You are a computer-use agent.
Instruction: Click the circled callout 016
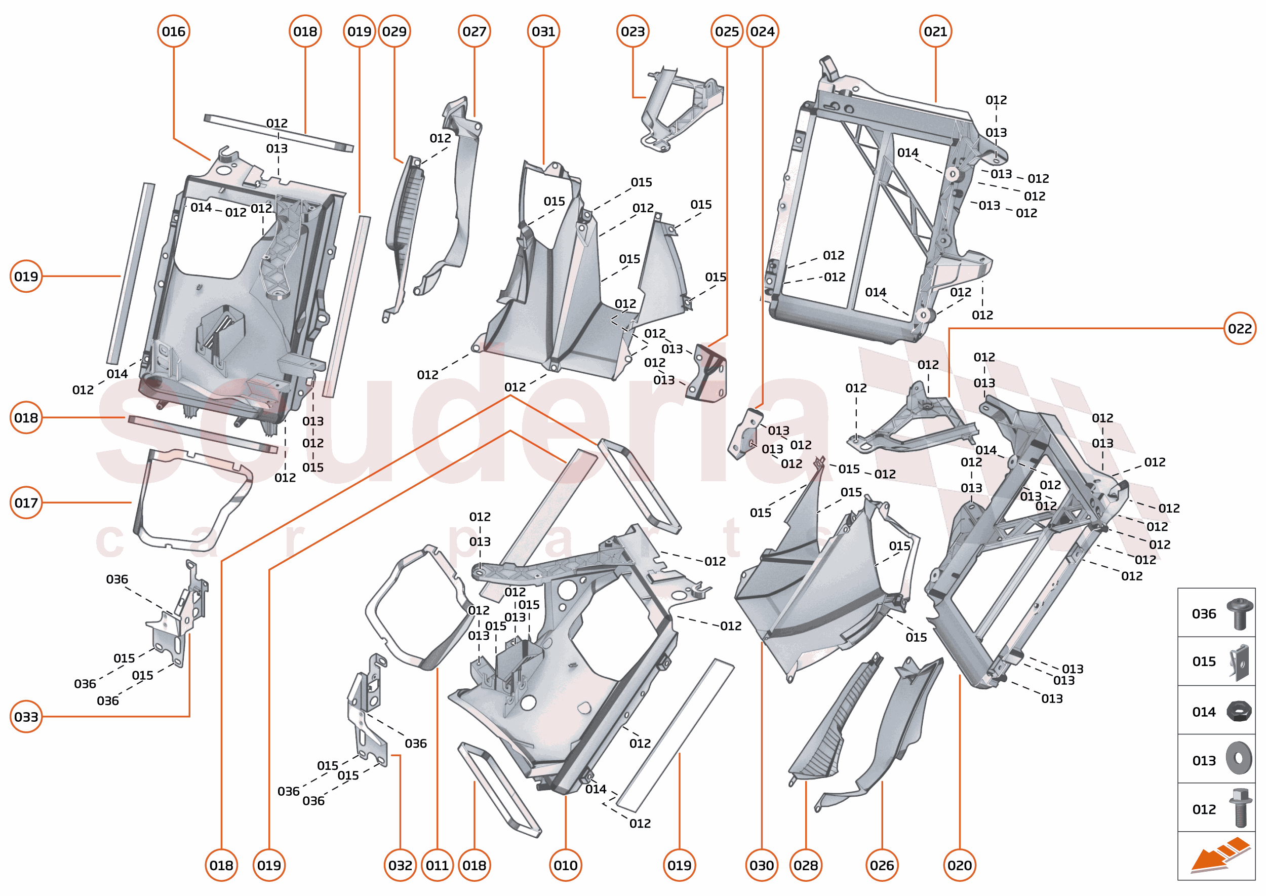(x=174, y=31)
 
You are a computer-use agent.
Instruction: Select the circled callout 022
(x=1240, y=329)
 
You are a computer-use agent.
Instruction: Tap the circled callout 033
(x=26, y=717)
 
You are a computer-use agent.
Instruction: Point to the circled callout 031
(x=543, y=31)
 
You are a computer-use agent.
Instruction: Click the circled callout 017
(x=26, y=502)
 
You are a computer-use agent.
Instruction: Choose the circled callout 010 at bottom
(x=566, y=865)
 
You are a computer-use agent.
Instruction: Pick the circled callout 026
(x=882, y=865)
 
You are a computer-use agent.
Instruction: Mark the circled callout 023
(x=632, y=31)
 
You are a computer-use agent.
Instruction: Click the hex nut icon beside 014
(x=1239, y=711)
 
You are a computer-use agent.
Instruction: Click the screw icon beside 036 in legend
(x=1239, y=613)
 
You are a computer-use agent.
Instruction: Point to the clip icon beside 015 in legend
(x=1239, y=662)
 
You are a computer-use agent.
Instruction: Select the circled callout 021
(x=935, y=31)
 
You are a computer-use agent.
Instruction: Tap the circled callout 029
(x=394, y=31)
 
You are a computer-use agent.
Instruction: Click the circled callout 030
(x=762, y=865)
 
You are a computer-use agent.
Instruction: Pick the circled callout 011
(x=437, y=865)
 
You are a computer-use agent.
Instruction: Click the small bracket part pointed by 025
(x=707, y=372)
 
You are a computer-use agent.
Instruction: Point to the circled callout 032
(x=400, y=865)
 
